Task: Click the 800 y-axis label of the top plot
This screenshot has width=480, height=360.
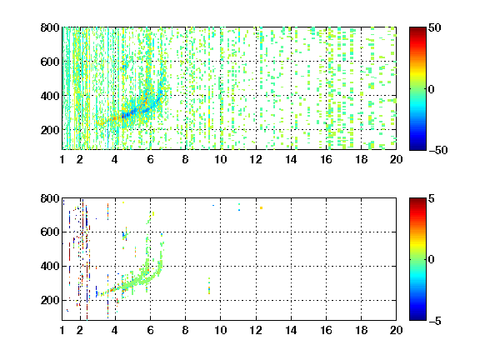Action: (x=50, y=27)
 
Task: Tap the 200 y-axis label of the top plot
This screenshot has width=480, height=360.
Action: (x=50, y=130)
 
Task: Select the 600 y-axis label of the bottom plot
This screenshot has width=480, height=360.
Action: (x=50, y=232)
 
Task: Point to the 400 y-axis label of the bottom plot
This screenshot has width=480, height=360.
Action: (x=50, y=266)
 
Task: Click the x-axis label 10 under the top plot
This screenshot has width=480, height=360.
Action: (x=220, y=159)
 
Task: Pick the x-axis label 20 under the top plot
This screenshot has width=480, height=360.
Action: (x=396, y=159)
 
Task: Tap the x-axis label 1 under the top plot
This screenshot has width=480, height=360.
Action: (x=62, y=159)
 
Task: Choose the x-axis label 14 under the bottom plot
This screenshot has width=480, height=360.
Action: (x=291, y=330)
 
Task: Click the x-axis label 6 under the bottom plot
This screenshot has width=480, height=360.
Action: (x=150, y=330)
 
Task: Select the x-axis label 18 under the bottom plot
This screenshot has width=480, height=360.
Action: (x=361, y=330)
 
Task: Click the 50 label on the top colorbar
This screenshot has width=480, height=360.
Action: (x=435, y=27)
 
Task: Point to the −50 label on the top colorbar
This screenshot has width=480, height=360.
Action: (x=438, y=150)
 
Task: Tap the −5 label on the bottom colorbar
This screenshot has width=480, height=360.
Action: (x=435, y=321)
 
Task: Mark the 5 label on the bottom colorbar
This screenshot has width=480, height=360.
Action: (x=432, y=198)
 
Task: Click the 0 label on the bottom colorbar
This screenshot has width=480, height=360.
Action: (x=432, y=260)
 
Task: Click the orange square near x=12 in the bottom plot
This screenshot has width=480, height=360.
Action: (x=261, y=207)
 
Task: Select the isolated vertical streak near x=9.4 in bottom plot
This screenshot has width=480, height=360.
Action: (x=209, y=286)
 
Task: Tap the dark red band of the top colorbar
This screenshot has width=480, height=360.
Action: (x=417, y=32)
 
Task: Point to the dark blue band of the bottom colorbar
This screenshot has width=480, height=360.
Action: (x=417, y=315)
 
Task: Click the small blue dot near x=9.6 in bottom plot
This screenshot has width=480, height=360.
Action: (x=213, y=205)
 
